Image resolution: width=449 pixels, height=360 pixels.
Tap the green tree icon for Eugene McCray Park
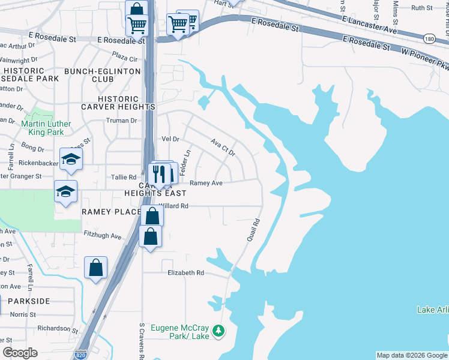point(219,331)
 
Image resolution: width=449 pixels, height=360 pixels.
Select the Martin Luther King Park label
point(46,128)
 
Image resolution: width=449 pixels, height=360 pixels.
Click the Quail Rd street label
point(253,230)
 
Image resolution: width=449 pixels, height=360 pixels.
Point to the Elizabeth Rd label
point(186,272)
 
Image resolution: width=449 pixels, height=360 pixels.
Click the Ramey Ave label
point(206,183)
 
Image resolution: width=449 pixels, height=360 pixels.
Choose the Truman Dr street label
point(121,120)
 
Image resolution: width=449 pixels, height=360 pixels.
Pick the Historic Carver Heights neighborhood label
point(127,103)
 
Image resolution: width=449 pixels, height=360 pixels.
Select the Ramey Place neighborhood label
point(110,212)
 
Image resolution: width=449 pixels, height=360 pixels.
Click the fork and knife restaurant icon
point(157,173)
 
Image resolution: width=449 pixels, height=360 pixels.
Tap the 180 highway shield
point(429,38)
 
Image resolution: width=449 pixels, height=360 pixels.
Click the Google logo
point(20,353)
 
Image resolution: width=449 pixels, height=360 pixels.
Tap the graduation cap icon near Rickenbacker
point(71,160)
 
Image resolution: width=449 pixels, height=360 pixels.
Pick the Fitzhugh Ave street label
point(103,236)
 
